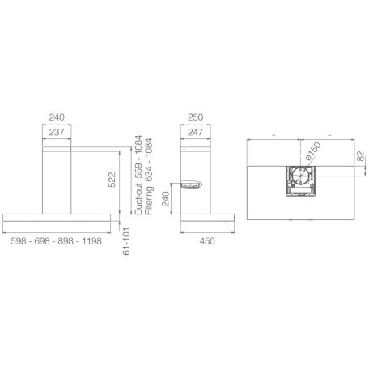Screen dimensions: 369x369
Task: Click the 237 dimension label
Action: coord(57,132)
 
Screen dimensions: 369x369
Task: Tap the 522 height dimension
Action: coord(112,180)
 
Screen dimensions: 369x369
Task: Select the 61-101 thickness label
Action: coord(126,241)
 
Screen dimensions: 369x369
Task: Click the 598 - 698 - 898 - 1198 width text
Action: coord(57,241)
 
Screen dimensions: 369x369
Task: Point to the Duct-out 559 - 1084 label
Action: coord(138,175)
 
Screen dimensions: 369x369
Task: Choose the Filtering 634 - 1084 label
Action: coord(149,176)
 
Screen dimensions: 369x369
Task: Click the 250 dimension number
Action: coord(195,117)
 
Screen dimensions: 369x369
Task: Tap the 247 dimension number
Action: coord(195,132)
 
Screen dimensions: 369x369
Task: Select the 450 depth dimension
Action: coord(207,241)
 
